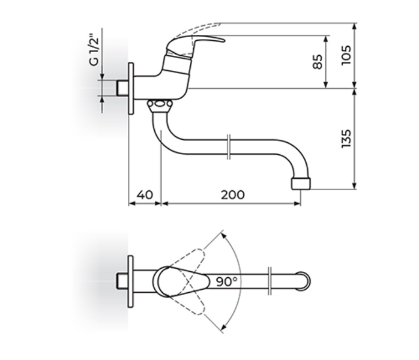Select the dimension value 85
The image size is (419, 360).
318,61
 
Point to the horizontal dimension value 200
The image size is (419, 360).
232,194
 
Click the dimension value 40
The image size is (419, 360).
144,194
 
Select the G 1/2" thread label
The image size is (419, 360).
94,50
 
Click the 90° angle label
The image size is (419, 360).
226,281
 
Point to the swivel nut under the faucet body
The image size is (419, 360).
160,106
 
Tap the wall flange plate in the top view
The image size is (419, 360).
130,282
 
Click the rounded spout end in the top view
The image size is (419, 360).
305,281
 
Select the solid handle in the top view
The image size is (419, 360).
180,281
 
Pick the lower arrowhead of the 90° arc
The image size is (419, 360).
223,328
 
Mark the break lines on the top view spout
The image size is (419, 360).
271,281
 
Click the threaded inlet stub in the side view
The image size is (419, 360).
121,88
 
